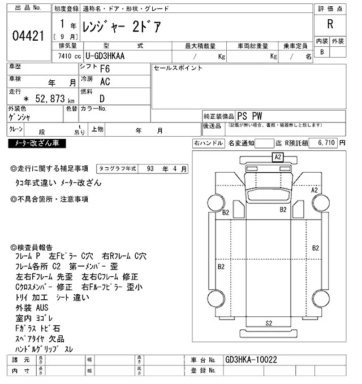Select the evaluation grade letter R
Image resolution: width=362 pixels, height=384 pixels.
[330, 24]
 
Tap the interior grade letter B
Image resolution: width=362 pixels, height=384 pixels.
[322, 52]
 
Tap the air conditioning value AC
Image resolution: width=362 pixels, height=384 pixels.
[105, 81]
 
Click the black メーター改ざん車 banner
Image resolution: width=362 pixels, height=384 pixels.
[37, 143]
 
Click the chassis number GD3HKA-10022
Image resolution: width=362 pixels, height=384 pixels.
[251, 359]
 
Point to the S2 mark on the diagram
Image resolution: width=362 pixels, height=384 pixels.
[269, 323]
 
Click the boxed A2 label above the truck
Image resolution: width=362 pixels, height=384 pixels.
[278, 157]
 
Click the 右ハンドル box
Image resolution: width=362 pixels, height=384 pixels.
[208, 143]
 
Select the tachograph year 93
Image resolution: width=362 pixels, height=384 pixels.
[150, 168]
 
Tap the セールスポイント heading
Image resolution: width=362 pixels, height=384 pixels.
[178, 68]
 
